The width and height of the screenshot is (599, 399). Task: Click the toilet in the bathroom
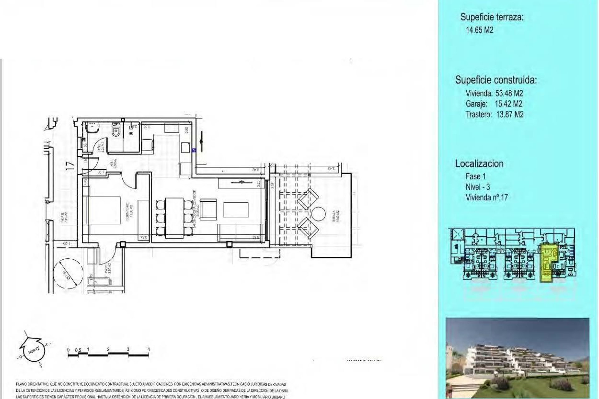pos(116,130)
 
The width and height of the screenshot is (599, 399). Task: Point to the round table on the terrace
pos(319,215)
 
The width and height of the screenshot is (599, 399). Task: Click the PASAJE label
pos(64,217)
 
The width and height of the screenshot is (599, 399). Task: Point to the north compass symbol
pos(33,350)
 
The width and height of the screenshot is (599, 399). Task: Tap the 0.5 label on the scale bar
pos(78,350)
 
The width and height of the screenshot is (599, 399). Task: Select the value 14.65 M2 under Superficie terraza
pos(480,30)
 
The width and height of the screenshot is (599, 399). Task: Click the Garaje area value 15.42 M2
pos(508,104)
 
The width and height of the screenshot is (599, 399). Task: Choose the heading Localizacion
pos(479,164)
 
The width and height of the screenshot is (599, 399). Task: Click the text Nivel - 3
pos(478,187)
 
